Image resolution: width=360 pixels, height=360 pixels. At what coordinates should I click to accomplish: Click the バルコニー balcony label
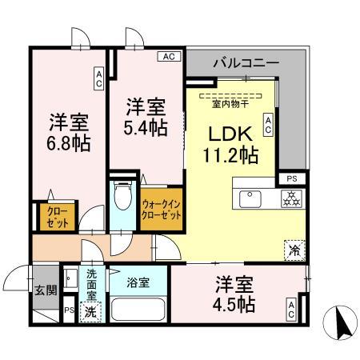pos(246,61)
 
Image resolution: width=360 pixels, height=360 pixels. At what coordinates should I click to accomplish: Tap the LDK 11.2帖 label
pos(232,142)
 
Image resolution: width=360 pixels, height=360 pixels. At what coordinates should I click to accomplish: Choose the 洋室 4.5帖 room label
pos(235,294)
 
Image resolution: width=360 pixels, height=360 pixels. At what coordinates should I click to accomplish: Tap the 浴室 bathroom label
pos(138,282)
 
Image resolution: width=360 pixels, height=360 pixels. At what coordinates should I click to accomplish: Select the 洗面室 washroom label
pos(92,283)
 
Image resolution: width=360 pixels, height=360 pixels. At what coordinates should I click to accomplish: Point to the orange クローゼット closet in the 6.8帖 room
pos(46,216)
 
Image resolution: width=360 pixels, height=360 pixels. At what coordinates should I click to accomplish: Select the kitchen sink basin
pos(248,197)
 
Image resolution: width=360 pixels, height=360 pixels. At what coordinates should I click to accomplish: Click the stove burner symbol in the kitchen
pos(289,198)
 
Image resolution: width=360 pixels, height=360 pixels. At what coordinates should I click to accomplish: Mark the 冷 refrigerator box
pos(294,249)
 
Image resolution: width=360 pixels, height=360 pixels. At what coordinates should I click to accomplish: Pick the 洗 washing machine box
pos(92,311)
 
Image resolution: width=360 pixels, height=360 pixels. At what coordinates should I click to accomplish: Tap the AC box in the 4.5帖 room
pos(292,310)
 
